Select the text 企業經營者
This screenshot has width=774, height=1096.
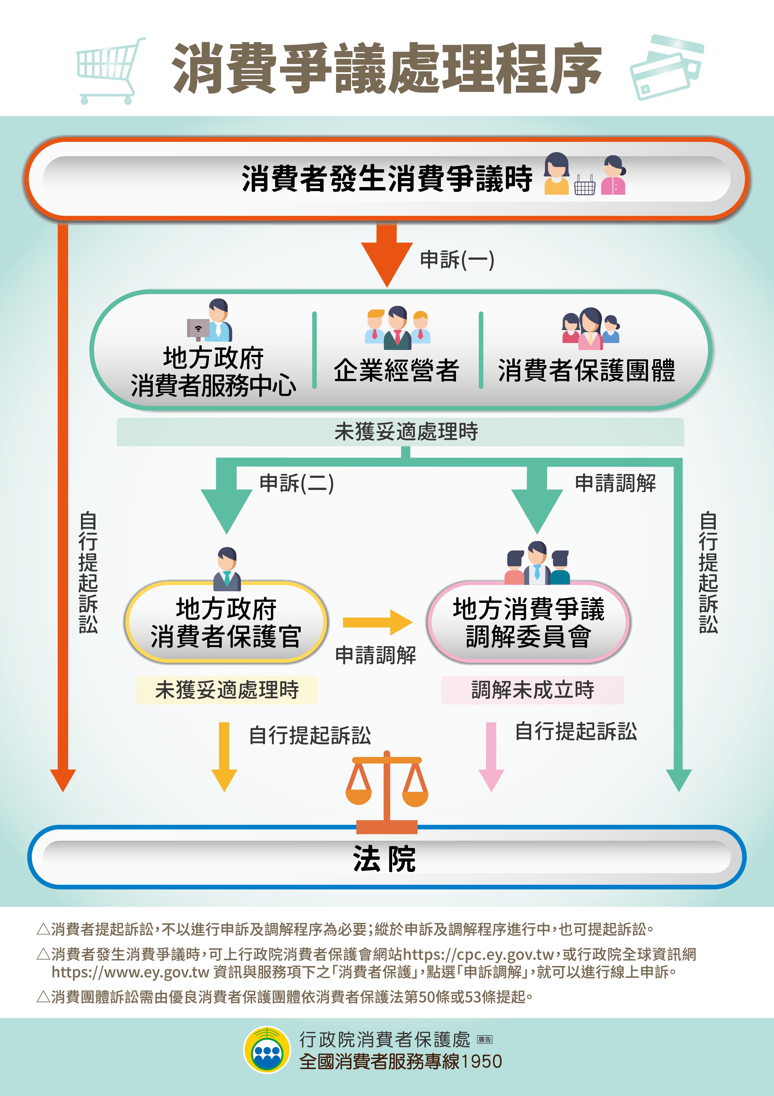coord(396,370)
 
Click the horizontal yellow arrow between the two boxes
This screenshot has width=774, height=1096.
coord(377,622)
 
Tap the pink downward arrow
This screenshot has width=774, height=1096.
coord(491,757)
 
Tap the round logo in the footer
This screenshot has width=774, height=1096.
coord(267,1050)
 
